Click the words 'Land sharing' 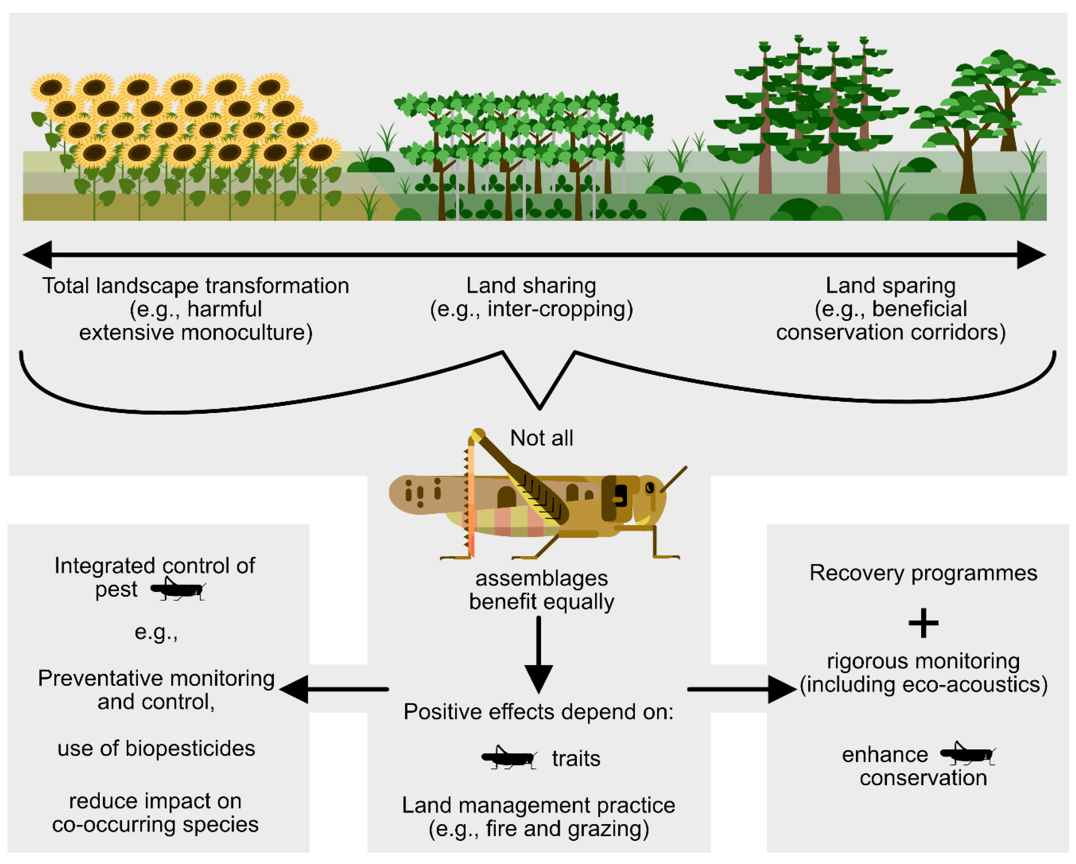point(531,286)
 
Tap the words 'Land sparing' point(890,286)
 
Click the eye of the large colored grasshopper point(649,487)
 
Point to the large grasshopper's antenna point(674,479)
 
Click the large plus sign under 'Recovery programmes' point(923,623)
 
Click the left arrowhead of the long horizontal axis point(38,255)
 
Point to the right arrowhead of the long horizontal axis point(1031,255)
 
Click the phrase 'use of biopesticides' point(156,749)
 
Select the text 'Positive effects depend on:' point(538,712)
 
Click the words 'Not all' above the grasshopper point(541,438)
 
